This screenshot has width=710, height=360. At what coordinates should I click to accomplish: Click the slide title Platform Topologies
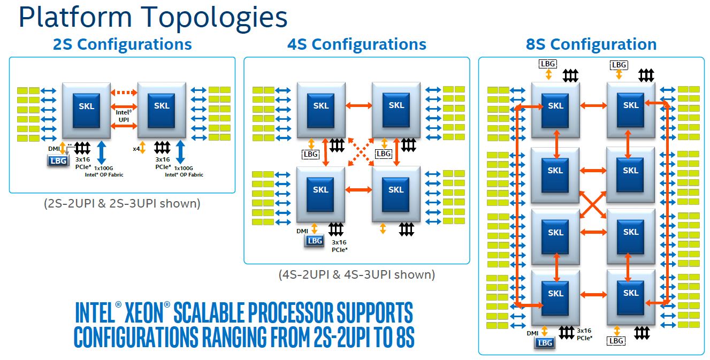[152, 17]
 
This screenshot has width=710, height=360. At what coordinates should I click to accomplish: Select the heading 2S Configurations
[122, 44]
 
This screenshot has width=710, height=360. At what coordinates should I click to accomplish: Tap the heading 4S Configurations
[357, 44]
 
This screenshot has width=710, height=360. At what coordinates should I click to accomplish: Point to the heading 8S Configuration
[591, 44]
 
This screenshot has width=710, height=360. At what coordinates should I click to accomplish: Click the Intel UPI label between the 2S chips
[124, 116]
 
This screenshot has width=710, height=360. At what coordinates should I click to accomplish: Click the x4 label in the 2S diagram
[136, 149]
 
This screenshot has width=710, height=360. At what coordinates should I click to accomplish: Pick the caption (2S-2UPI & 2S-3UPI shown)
[122, 204]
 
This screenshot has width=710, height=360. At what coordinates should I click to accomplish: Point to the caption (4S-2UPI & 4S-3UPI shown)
[357, 275]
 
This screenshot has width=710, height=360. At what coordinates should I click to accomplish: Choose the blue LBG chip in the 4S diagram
[315, 241]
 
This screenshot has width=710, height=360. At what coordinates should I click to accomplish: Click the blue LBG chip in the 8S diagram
[545, 343]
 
